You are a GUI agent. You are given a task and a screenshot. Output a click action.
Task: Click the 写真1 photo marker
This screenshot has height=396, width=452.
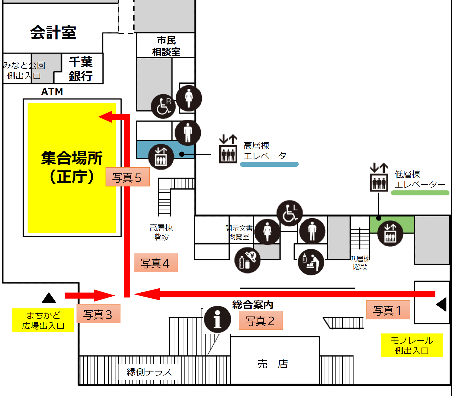coord(388,310)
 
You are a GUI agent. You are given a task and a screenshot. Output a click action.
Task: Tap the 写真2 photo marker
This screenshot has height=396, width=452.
coord(260,320)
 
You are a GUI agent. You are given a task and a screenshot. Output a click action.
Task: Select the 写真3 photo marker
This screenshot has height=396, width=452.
coord(98,314)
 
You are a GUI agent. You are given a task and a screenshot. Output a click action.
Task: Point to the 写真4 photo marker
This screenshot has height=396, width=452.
coord(156,262)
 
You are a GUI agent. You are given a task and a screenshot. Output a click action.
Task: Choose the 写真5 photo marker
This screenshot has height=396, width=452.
coord(127,177)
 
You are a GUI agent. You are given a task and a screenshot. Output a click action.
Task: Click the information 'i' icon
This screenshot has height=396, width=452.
coord(217,319)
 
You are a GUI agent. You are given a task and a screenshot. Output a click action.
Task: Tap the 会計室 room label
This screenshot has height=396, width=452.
coord(53,32)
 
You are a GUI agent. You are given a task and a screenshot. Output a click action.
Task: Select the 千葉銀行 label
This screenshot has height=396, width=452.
coord(81,69)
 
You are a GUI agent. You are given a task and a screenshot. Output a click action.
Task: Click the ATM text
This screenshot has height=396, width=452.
coord(52,92)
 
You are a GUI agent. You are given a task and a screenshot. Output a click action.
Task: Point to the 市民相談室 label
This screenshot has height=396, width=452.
coord(166,46)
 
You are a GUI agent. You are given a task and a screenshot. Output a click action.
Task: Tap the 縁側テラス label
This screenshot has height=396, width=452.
coord(149,372)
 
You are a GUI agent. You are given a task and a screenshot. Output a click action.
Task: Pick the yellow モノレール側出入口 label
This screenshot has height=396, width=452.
coord(412,345)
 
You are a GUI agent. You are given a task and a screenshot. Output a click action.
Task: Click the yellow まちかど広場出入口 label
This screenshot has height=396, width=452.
coord(43,320)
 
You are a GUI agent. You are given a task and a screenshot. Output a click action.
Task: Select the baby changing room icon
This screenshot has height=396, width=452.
coord(311,262)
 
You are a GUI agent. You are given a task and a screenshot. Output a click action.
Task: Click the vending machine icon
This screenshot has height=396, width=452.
coord(247,260)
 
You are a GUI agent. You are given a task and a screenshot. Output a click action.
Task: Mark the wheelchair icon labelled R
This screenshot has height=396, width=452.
coord(163,106)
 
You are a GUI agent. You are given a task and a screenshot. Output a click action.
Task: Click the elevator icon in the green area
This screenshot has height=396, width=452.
coord(390,233)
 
